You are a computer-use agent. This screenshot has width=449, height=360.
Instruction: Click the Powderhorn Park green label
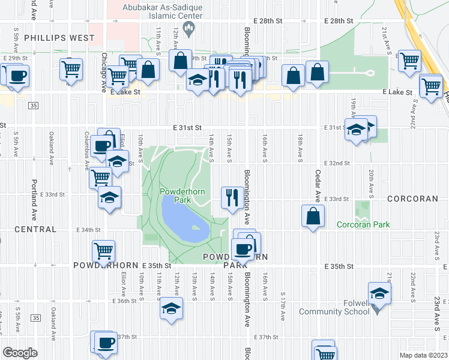click(175, 195)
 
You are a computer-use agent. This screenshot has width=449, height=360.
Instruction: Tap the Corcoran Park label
click(363, 224)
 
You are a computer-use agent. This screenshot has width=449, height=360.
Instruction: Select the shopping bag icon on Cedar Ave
click(313, 215)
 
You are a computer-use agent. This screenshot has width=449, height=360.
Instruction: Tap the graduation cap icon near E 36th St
click(172, 308)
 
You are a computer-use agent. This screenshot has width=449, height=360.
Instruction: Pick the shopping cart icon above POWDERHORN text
click(104, 251)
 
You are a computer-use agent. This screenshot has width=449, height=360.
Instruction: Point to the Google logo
click(20, 353)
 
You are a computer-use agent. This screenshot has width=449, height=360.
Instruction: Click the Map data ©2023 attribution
click(423, 355)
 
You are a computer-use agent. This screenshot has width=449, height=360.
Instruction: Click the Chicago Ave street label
click(104, 72)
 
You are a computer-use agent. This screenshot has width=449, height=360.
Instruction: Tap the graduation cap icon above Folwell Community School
click(379, 293)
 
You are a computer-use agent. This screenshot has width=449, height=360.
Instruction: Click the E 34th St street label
click(89, 230)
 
